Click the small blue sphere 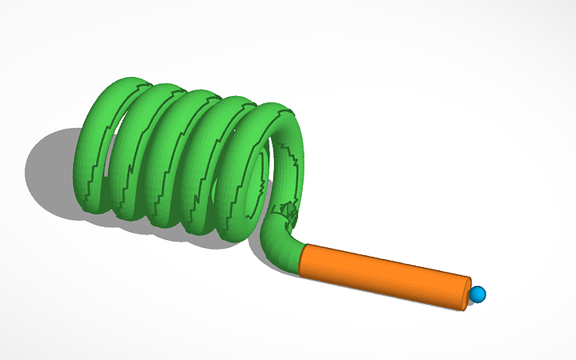(x=477, y=295)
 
